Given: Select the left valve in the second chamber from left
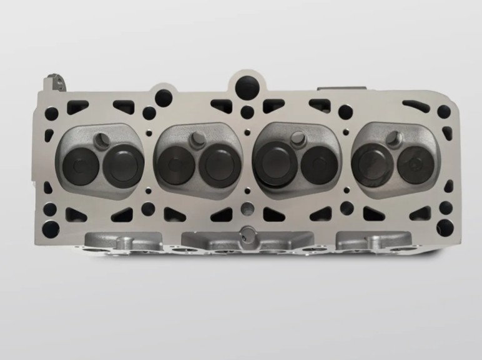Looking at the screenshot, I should (175, 166).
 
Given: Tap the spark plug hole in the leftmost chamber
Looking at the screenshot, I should (104, 137).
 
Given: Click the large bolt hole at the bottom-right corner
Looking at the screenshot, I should (445, 227).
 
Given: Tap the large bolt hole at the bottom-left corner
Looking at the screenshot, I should (51, 227).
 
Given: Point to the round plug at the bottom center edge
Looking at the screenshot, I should (248, 234).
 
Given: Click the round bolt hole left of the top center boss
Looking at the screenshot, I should (164, 97).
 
